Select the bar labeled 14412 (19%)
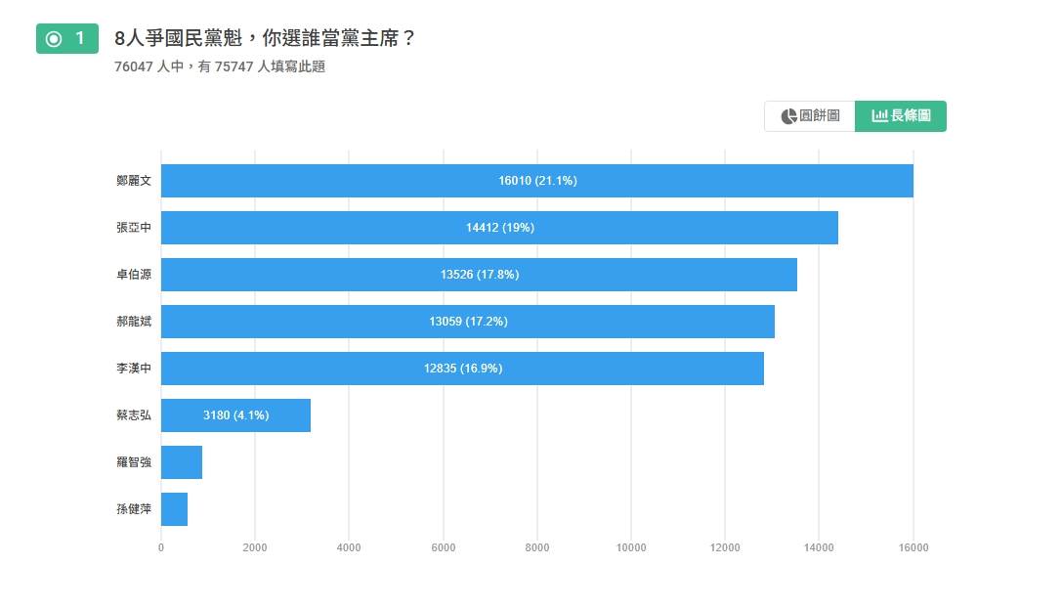[499, 228]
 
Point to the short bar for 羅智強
[182, 462]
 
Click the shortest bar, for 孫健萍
[174, 509]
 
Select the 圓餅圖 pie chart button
[810, 116]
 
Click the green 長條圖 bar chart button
[901, 116]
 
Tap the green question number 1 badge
[67, 39]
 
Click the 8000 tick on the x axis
[536, 548]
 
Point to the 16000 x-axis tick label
[913, 548]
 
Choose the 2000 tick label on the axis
[254, 548]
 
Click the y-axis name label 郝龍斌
[134, 322]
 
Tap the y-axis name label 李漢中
[134, 369]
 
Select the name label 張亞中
[134, 228]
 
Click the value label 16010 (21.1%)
[537, 181]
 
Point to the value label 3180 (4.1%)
[235, 415]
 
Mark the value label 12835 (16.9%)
[463, 369]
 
